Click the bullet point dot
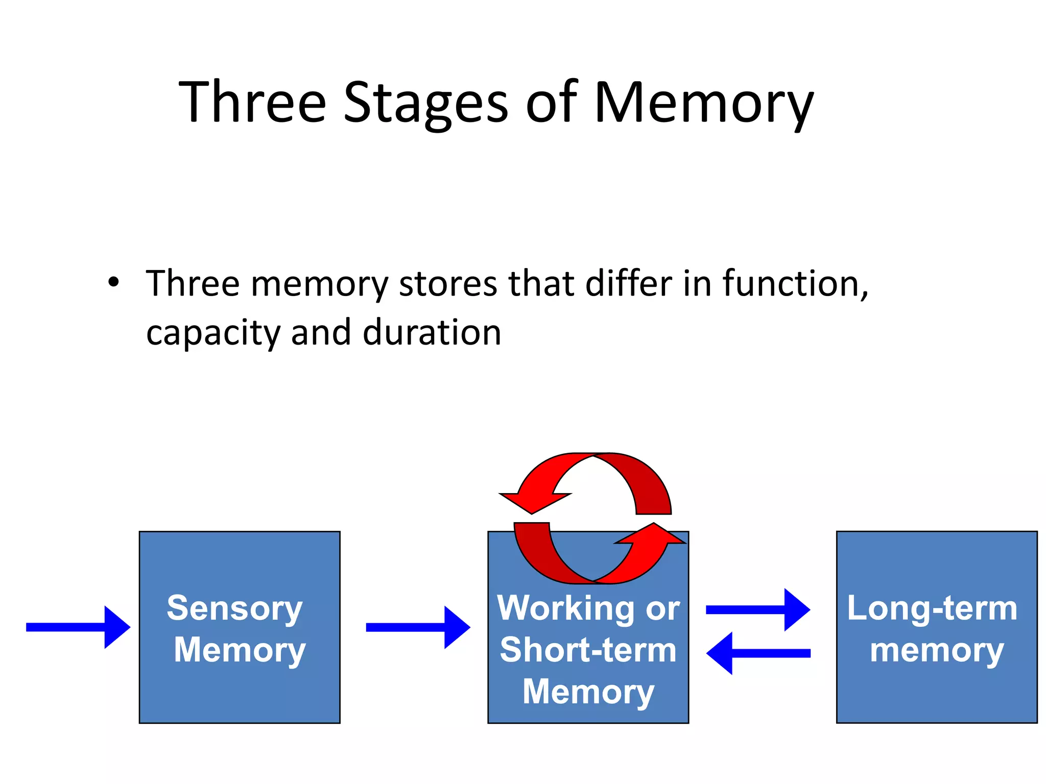pyautogui.click(x=113, y=282)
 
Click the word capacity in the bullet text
pyautogui.click(x=213, y=333)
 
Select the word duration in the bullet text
pyautogui.click(x=432, y=333)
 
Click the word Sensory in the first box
pyautogui.click(x=235, y=608)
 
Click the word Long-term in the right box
pyautogui.click(x=932, y=608)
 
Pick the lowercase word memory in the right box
pyautogui.click(x=937, y=650)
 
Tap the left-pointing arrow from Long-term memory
pyautogui.click(x=758, y=653)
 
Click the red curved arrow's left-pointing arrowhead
pyautogui.click(x=531, y=501)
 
